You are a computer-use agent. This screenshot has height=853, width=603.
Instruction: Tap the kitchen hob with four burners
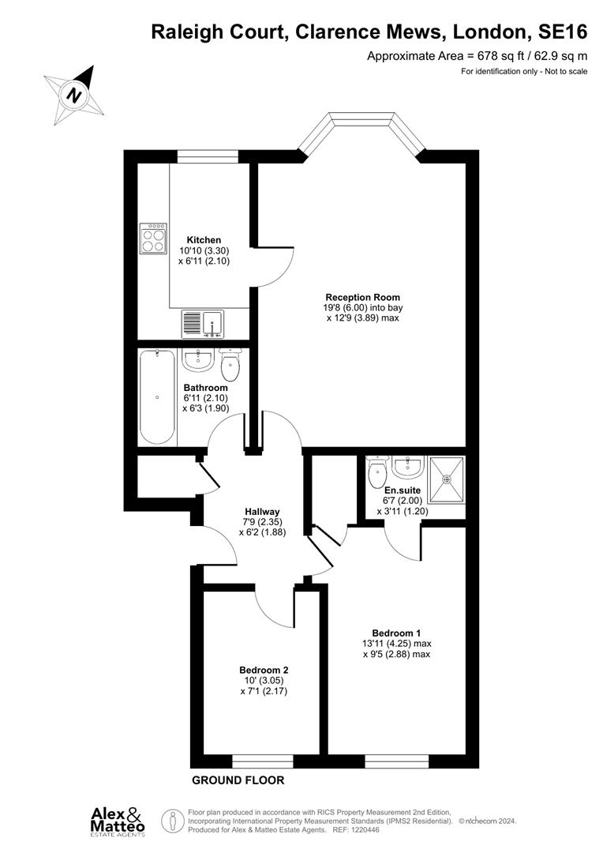pos(153,238)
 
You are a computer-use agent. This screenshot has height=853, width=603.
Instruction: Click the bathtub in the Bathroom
pos(156,397)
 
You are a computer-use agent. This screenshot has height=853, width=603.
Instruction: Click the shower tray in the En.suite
pos(446,479)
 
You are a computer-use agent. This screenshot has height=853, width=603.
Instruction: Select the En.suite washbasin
pos(409,468)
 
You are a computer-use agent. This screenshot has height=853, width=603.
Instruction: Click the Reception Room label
pos(364,298)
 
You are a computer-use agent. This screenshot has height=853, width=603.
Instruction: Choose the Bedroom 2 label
pos(258,669)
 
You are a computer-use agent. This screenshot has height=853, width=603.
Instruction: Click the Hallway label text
pos(262,512)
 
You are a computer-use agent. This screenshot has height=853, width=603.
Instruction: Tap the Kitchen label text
pos(204,240)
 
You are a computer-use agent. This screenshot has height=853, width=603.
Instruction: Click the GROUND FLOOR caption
pos(238,780)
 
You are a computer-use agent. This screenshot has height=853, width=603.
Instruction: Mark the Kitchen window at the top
pos(202,156)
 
